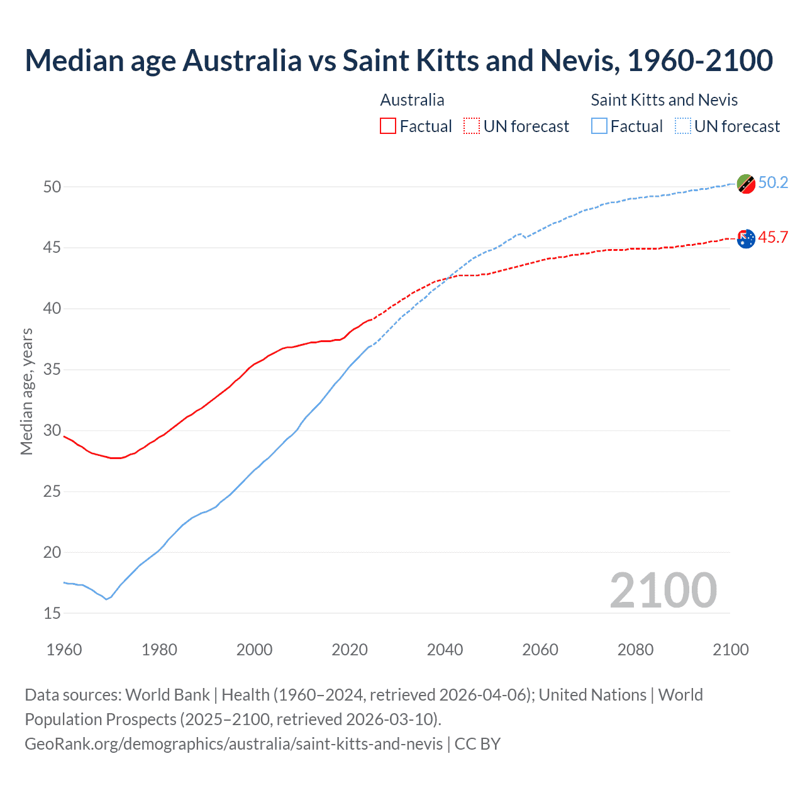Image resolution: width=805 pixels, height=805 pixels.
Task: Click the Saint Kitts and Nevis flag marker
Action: pos(746,184)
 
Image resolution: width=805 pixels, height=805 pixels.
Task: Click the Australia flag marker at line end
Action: pos(746,238)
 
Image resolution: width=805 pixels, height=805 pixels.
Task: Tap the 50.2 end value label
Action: pos(773,182)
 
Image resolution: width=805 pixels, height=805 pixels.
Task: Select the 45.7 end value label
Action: pos(773,237)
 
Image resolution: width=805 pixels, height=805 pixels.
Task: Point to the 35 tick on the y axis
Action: pos(52,369)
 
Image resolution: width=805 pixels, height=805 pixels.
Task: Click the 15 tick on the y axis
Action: pos(52,613)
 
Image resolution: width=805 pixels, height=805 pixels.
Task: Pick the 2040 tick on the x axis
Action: pos(445,650)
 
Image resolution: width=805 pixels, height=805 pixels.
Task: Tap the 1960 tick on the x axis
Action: pos(64,650)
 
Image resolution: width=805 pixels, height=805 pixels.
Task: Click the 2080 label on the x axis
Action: pos(635,650)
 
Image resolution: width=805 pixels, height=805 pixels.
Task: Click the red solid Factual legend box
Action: pos(388,126)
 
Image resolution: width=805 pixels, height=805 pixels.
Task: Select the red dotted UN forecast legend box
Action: pos(472,126)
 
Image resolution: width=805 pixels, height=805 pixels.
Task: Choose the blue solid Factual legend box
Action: pos(599,126)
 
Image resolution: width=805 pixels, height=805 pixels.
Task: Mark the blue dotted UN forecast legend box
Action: pos(683,126)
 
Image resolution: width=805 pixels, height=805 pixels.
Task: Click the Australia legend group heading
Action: pos(412,100)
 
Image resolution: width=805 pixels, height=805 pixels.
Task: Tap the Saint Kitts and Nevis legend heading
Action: pos(664,100)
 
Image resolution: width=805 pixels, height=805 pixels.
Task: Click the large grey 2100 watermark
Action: pos(663,591)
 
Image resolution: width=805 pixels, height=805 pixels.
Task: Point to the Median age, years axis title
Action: pos(26,391)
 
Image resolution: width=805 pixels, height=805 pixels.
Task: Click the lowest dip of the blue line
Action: pos(106,599)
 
